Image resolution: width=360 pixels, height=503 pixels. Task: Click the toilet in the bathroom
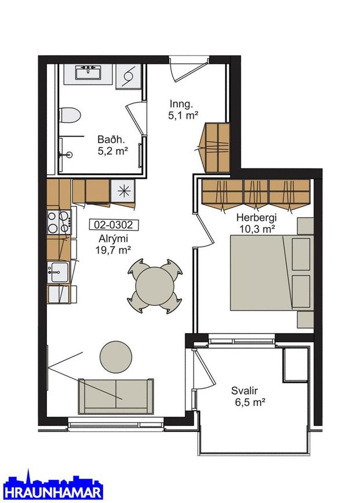(x=70, y=115)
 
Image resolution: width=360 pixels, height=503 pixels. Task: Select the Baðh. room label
(x=111, y=140)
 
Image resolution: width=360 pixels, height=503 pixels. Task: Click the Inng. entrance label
(x=181, y=104)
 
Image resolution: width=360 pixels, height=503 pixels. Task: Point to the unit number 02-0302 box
(x=113, y=225)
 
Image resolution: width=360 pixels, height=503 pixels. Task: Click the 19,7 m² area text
(x=113, y=249)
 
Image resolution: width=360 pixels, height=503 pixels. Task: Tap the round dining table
(x=155, y=286)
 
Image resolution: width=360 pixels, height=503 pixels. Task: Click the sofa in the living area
(x=116, y=396)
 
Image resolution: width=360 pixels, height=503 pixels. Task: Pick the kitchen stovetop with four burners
(x=60, y=222)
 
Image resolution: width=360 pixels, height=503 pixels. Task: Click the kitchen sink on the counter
(x=58, y=272)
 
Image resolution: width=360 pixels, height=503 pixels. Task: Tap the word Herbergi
(x=256, y=218)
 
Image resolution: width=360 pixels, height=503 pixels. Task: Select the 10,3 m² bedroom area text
(x=257, y=229)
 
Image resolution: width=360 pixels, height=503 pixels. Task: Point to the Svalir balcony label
(x=245, y=391)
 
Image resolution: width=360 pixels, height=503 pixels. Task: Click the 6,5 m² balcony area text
(x=250, y=402)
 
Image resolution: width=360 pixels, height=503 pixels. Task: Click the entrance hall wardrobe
(x=217, y=147)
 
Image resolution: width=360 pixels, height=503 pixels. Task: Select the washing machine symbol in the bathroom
(x=128, y=77)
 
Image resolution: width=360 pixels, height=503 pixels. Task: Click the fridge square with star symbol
(x=123, y=191)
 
